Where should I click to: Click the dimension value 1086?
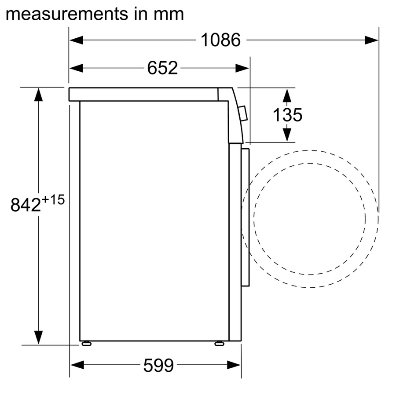(x=221, y=40)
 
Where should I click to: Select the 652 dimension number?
(x=162, y=68)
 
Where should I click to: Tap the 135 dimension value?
(x=287, y=115)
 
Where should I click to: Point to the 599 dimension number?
(x=158, y=365)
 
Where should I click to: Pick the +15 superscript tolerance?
(x=54, y=200)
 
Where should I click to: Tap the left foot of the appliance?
(x=86, y=343)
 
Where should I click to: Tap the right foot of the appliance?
(x=219, y=343)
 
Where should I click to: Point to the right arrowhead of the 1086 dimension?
(x=372, y=40)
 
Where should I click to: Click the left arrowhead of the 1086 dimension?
(x=76, y=40)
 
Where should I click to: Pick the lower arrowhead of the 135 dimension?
(x=287, y=134)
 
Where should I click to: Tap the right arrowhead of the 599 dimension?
(x=234, y=365)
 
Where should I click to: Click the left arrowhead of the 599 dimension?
(x=77, y=365)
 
